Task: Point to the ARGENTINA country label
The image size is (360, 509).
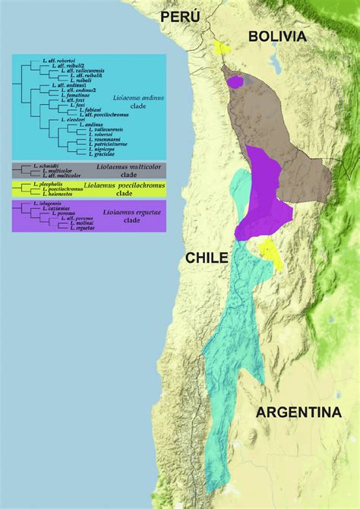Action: [298, 413]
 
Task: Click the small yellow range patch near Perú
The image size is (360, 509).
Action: [222, 47]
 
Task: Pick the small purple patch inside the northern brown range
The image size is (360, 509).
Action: [235, 81]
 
